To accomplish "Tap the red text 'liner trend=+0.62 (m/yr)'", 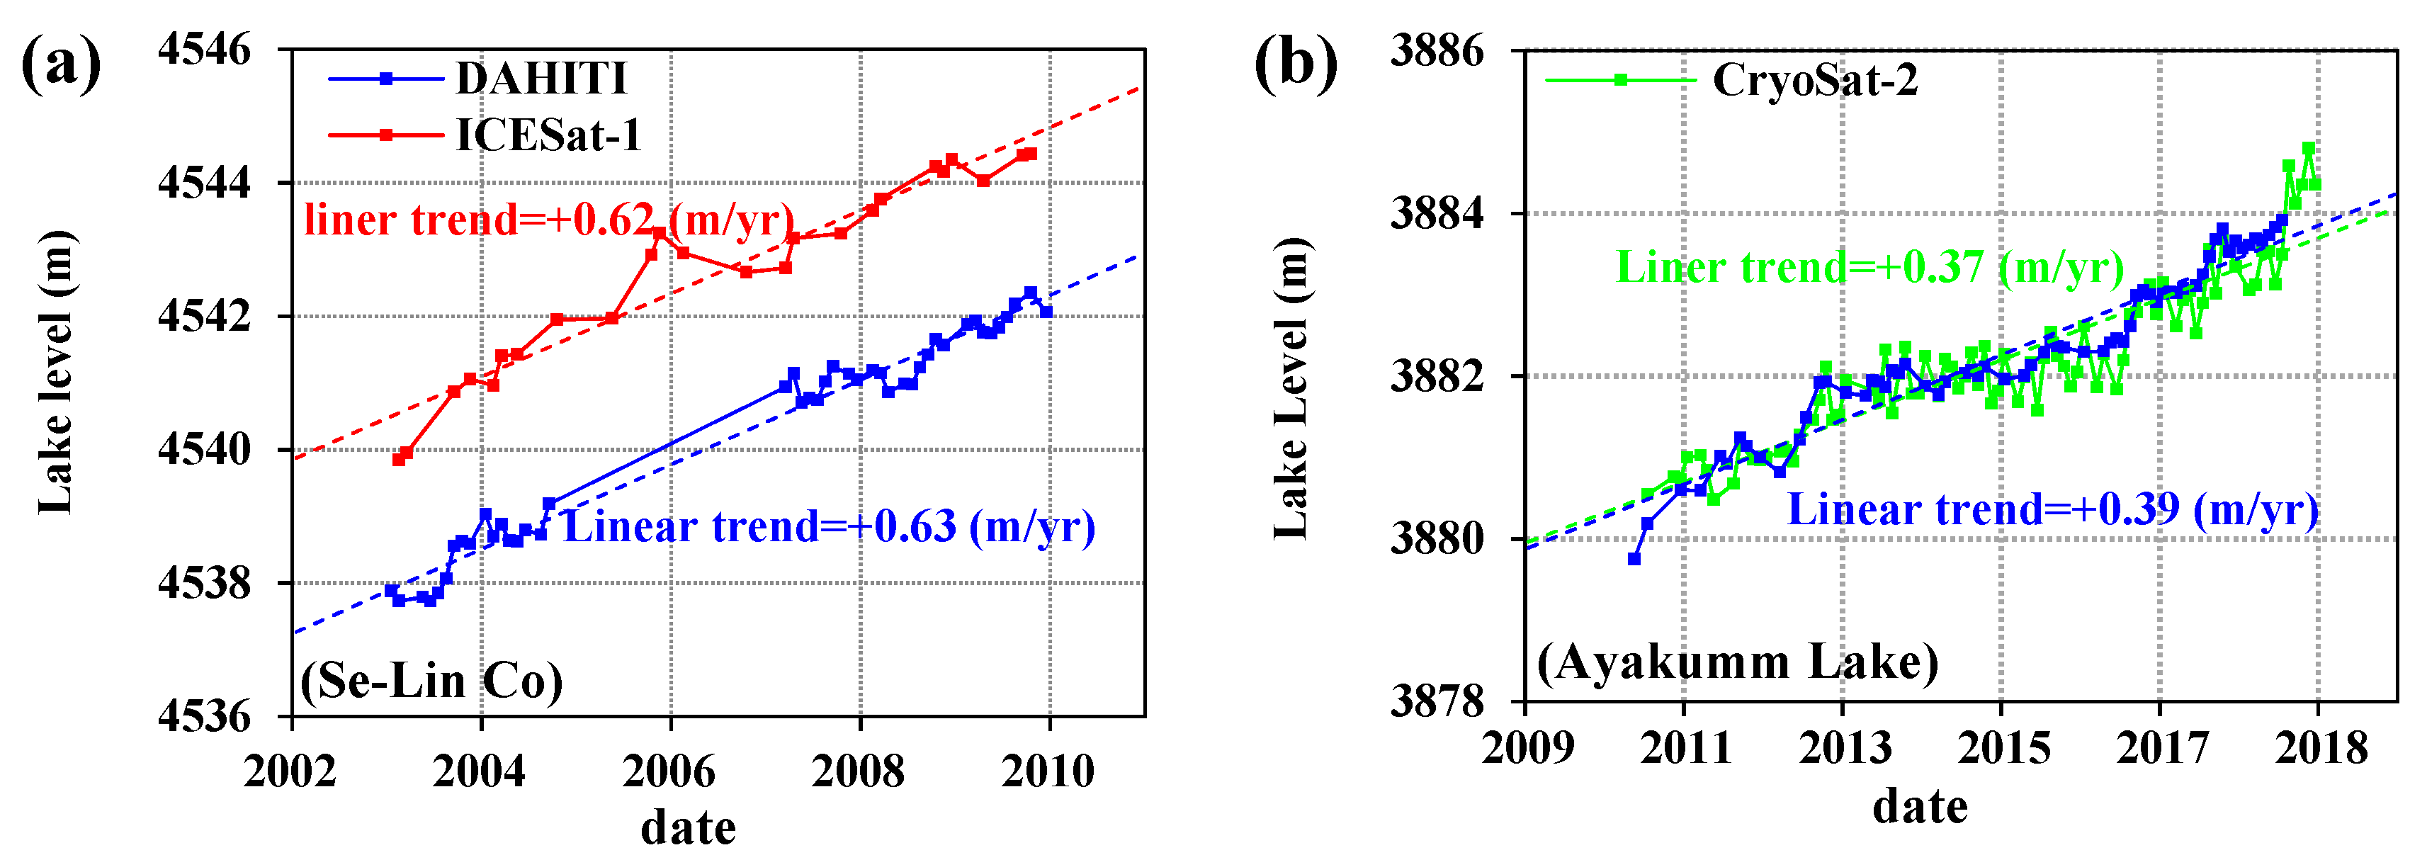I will pos(549,220).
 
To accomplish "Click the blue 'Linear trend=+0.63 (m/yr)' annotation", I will pos(829,526).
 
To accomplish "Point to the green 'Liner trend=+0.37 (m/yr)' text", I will pos(1870,268).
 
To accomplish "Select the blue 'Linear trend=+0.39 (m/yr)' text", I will pos(2053,509).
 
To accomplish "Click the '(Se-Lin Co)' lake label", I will pos(431,680).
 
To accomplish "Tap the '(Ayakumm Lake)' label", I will pos(1738,661).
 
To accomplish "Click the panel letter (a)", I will pos(61,64).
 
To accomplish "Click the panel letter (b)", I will pos(1296,64).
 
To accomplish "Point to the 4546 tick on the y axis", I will pos(205,49).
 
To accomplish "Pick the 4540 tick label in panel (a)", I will pos(205,449).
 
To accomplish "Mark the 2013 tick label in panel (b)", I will pos(1845,749).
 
